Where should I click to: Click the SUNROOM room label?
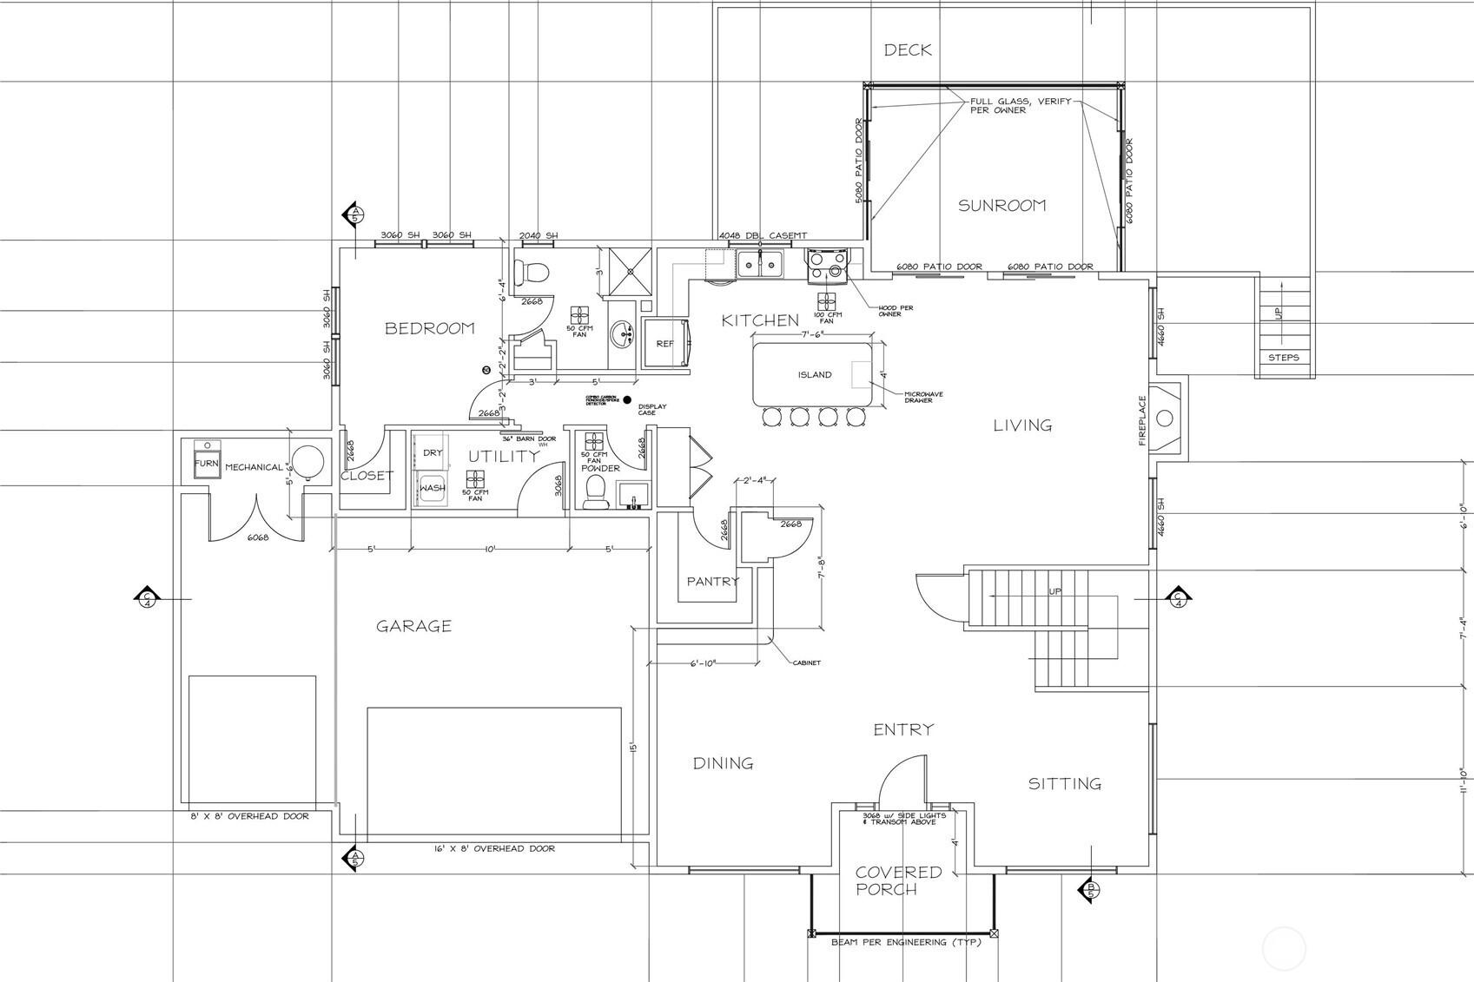1001,206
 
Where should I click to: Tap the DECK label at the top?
908,50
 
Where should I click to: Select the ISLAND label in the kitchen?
815,375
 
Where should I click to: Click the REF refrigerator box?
664,344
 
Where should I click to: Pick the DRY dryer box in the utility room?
433,453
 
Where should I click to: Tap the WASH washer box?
433,489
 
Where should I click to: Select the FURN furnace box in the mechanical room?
206,464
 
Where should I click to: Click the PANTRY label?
712,582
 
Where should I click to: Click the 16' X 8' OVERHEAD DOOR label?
493,848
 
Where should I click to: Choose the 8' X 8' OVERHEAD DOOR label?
249,816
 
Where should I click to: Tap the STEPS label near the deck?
1284,358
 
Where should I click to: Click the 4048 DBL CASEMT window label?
763,235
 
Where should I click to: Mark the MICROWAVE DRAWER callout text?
922,398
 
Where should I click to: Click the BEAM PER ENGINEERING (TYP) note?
905,942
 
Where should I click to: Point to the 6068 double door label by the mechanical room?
258,537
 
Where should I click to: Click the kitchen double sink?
760,264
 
